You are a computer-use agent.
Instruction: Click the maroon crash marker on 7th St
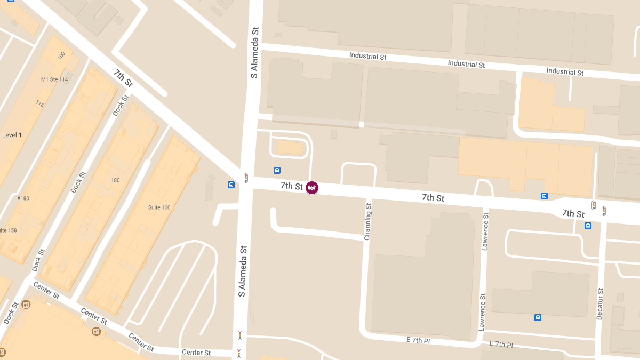[312, 188]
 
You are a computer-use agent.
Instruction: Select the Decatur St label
[600, 304]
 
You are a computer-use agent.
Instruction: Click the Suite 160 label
[159, 207]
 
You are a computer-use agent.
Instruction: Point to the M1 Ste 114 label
[54, 79]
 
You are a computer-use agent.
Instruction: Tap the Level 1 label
[12, 135]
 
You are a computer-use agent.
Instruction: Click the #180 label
[23, 198]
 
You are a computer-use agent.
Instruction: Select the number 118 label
[39, 103]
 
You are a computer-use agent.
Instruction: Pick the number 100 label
[61, 55]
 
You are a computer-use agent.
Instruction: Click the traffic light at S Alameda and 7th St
[246, 178]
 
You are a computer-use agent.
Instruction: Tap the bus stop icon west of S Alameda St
[231, 185]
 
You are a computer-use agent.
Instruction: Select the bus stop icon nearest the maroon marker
[277, 171]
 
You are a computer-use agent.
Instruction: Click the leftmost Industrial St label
[367, 56]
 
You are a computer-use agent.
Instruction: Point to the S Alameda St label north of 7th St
[255, 53]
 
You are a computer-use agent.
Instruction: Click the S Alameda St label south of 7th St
[243, 271]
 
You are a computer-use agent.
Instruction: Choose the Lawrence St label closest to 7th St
[485, 231]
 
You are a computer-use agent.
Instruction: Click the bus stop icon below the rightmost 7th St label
[588, 226]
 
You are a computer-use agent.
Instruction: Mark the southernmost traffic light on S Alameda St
[239, 353]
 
